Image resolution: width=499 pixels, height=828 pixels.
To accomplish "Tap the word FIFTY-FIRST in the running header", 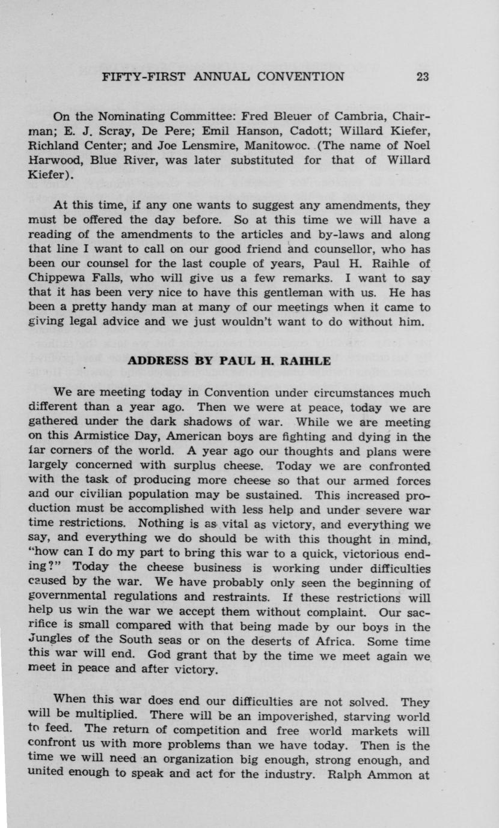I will coord(139,76).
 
